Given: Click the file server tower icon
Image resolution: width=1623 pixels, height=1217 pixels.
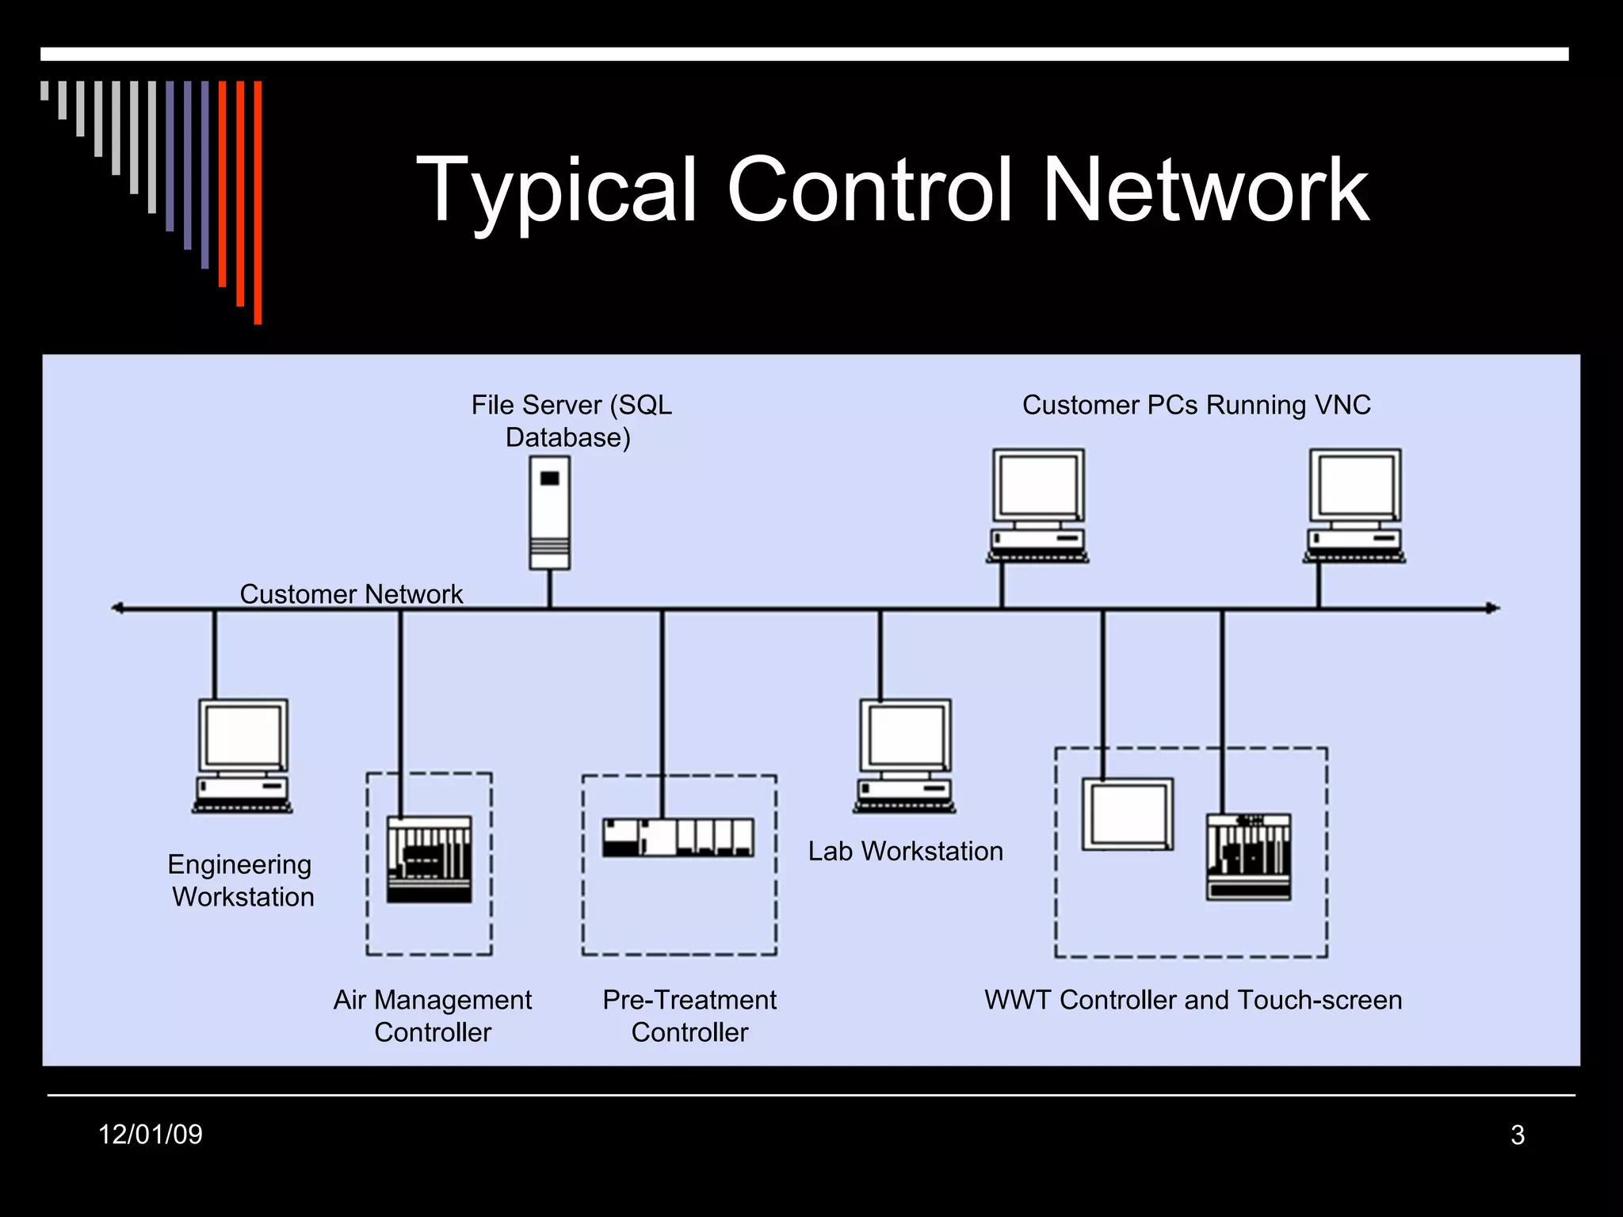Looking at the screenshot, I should click(549, 512).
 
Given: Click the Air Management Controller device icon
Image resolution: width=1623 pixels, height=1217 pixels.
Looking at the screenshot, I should click(429, 860).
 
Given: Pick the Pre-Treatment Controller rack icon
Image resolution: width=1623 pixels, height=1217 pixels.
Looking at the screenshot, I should click(678, 837).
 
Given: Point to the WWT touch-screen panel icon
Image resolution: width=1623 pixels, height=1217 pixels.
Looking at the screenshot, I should click(1128, 815).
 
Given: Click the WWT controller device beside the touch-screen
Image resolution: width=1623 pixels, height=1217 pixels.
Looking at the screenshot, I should click(1249, 856).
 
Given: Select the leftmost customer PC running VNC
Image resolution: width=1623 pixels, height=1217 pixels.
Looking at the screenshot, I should click(1038, 505).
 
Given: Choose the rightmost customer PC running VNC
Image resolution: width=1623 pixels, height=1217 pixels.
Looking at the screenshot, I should click(1354, 505).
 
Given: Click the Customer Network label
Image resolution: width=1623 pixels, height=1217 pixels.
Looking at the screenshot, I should click(351, 594).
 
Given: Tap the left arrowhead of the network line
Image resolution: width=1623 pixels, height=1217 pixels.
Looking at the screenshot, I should click(117, 608).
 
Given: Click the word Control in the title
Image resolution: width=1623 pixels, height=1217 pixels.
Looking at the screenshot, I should click(869, 190).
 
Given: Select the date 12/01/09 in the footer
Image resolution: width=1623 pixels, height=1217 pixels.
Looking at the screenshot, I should click(151, 1135).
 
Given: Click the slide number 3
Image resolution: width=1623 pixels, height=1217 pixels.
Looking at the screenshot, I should click(1518, 1135).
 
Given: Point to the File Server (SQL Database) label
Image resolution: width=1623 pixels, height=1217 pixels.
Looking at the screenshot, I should click(571, 421).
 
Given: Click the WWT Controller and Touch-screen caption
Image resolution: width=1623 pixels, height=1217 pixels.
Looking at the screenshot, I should click(1193, 1000).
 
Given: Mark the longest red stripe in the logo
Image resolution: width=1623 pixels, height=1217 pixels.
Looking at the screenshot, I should click(258, 202).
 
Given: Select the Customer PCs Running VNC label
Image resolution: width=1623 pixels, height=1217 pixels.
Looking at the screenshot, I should click(1196, 405).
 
